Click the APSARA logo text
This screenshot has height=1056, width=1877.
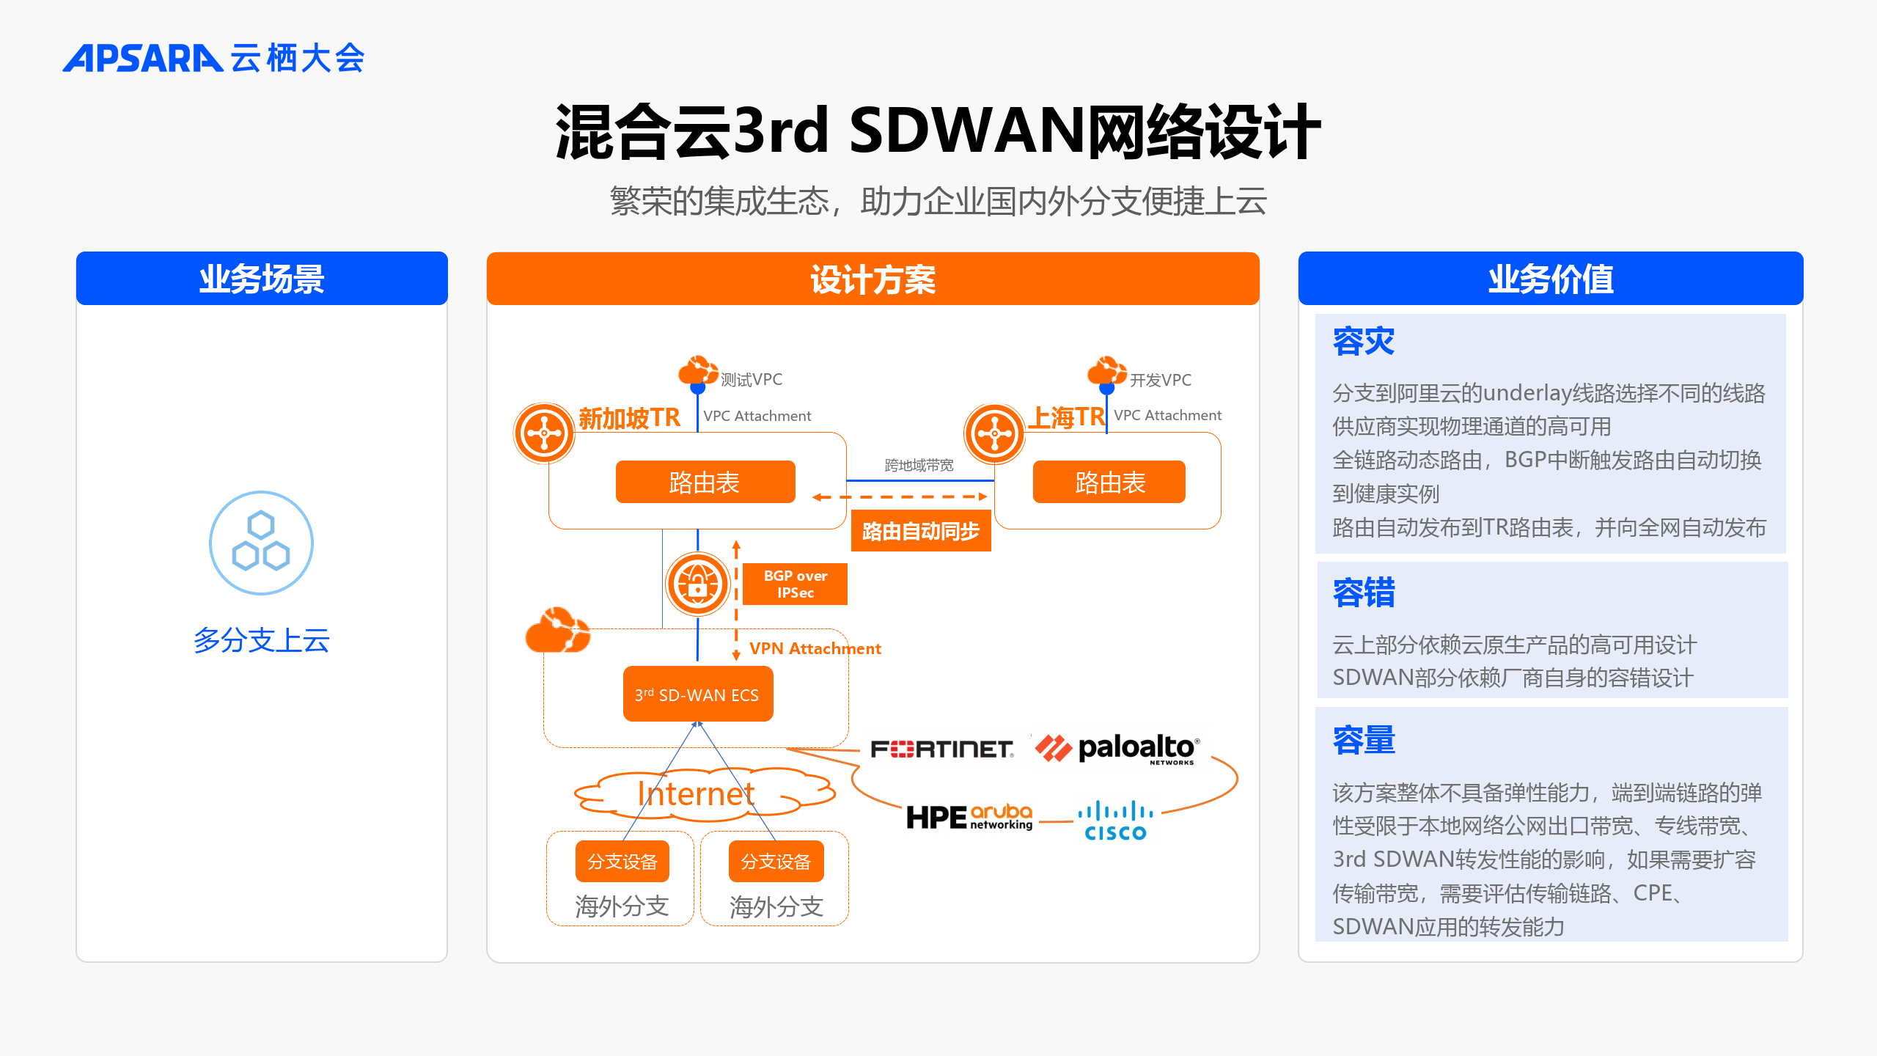tap(142, 58)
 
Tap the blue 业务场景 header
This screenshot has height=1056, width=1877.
tap(262, 279)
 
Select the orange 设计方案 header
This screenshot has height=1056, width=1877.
tap(873, 279)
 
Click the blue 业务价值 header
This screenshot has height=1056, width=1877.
tap(1550, 279)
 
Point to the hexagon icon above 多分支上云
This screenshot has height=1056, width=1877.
tap(261, 543)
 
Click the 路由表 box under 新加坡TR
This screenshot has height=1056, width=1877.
tap(705, 482)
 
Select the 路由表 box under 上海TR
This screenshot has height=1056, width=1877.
tap(1109, 482)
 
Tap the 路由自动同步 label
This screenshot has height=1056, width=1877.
tap(921, 531)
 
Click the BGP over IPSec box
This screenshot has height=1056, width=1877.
tap(795, 584)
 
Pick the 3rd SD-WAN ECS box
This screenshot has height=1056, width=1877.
tap(698, 694)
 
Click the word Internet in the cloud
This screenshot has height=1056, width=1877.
tap(696, 793)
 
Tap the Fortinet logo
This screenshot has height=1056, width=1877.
tap(942, 749)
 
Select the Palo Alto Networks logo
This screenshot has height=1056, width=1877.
tap(1117, 749)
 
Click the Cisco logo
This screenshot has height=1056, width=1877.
tap(1115, 821)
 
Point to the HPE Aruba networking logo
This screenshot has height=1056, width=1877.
tap(969, 817)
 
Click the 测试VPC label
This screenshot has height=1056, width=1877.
tap(752, 379)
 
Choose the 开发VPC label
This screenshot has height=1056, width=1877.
tap(1161, 380)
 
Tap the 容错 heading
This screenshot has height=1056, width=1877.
tap(1364, 593)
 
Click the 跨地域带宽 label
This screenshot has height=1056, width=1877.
tap(919, 465)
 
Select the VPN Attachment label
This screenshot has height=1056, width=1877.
tap(815, 648)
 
